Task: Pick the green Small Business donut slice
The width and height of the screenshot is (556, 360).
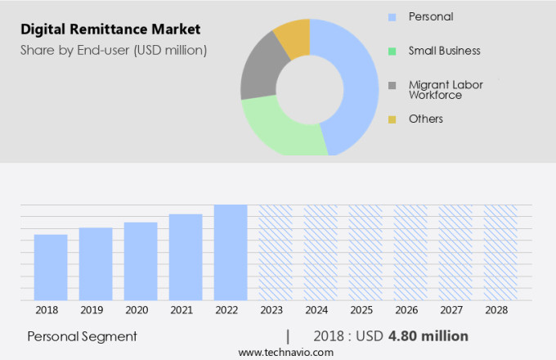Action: click(x=282, y=132)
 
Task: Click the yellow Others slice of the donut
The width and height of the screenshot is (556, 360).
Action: click(x=294, y=37)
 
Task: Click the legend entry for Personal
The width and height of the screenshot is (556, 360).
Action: click(x=431, y=16)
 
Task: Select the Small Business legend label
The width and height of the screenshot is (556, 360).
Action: click(x=444, y=51)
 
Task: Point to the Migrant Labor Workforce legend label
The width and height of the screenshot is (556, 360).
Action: click(x=446, y=90)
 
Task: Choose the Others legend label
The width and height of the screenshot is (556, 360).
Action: click(x=425, y=119)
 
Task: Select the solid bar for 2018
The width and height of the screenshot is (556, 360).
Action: click(x=51, y=268)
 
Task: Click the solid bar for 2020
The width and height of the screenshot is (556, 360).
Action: click(x=141, y=261)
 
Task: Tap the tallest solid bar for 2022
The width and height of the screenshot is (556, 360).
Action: click(x=231, y=253)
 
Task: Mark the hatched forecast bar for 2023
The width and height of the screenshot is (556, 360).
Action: click(x=276, y=253)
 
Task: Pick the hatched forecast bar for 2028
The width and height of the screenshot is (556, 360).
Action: click(x=500, y=253)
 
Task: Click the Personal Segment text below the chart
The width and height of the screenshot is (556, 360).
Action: click(x=82, y=336)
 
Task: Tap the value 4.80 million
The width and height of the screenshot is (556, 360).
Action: click(x=428, y=336)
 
